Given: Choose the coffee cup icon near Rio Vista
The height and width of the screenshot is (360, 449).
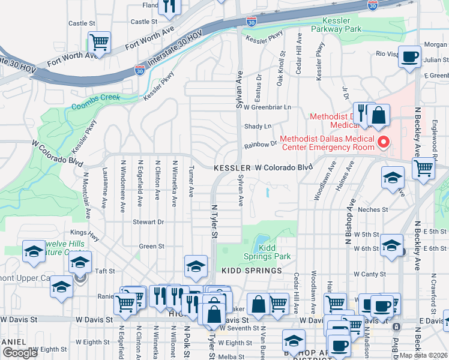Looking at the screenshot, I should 410,57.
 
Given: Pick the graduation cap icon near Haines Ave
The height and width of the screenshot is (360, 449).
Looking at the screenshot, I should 393,178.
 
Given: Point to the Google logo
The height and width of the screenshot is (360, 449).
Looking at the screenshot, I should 20,353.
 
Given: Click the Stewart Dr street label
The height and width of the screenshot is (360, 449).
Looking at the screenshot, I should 148,221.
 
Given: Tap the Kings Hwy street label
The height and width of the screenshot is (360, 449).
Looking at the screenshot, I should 83,232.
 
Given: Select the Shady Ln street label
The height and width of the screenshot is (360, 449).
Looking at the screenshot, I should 258,126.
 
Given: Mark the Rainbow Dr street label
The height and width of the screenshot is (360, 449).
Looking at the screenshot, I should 260,145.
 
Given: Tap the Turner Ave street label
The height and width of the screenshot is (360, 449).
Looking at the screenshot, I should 191,181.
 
